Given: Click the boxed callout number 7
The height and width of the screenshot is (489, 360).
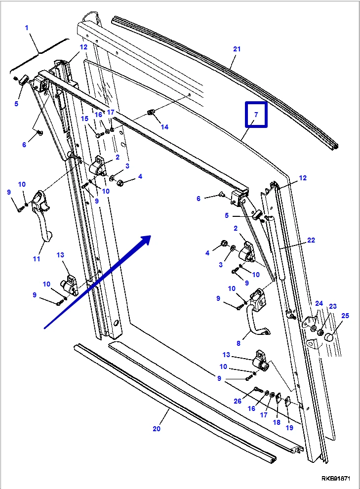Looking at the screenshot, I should [x=256, y=115].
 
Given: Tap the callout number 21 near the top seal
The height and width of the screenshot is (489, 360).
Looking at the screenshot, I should [x=237, y=49].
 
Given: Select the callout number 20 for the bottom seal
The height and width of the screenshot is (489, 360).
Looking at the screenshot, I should [x=157, y=429].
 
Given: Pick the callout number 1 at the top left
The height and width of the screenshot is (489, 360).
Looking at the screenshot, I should [x=27, y=28].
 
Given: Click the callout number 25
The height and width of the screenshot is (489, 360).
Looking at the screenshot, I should [x=345, y=315].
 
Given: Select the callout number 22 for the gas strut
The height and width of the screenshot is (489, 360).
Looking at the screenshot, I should [x=311, y=240].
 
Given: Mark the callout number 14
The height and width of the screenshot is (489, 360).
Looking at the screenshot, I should [x=164, y=127].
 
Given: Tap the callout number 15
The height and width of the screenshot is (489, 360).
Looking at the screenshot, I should [x=84, y=119].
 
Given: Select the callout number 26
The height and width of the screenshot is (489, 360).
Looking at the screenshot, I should [x=238, y=401].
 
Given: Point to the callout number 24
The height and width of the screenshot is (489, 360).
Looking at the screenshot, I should [x=319, y=303].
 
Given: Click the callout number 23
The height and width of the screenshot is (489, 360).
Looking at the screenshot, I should [x=332, y=306].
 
